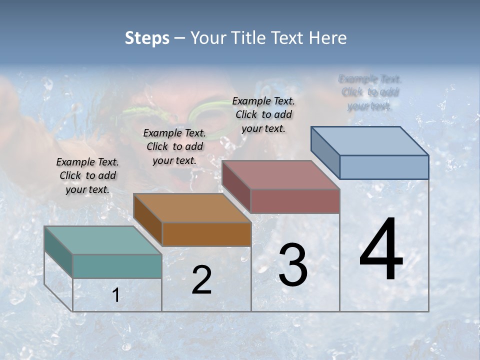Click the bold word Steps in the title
[147, 38]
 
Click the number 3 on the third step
[293, 265]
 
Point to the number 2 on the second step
[201, 280]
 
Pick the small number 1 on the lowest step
[115, 295]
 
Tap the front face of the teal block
[117, 266]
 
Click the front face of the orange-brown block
[206, 234]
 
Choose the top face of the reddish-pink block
[280, 175]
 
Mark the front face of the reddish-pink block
[295, 201]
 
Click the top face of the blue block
[369, 140]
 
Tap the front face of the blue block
[384, 167]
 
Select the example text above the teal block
[87, 175]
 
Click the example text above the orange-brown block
[174, 146]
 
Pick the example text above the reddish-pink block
[263, 114]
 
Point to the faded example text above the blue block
[369, 92]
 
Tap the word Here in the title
[327, 38]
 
